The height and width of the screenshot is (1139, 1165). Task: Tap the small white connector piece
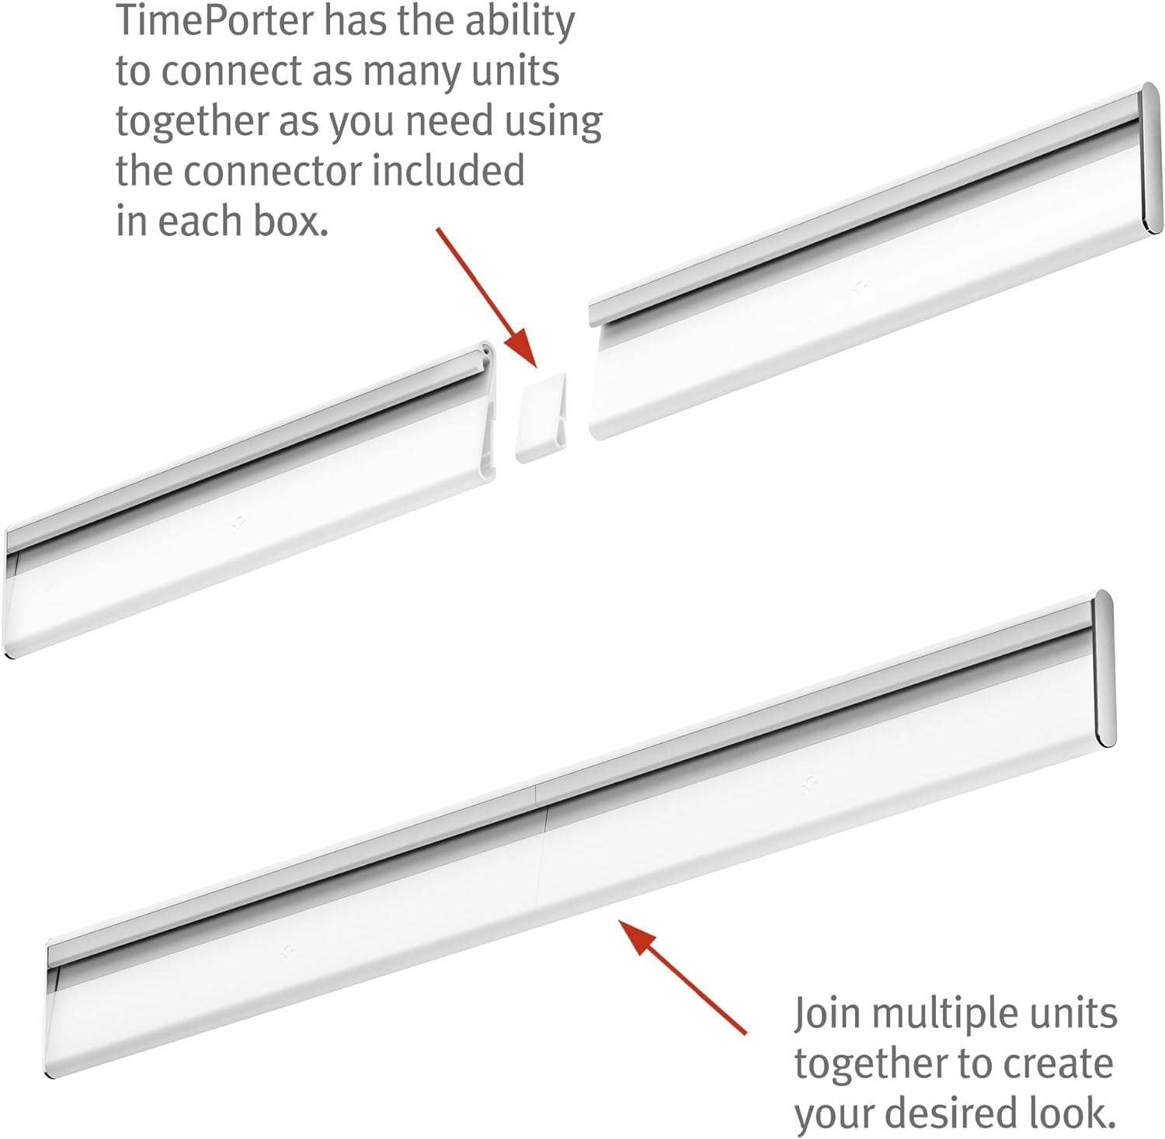(541, 418)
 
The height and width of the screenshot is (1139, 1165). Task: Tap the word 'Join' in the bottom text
(826, 1014)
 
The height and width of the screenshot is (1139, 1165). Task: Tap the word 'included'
(448, 171)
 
